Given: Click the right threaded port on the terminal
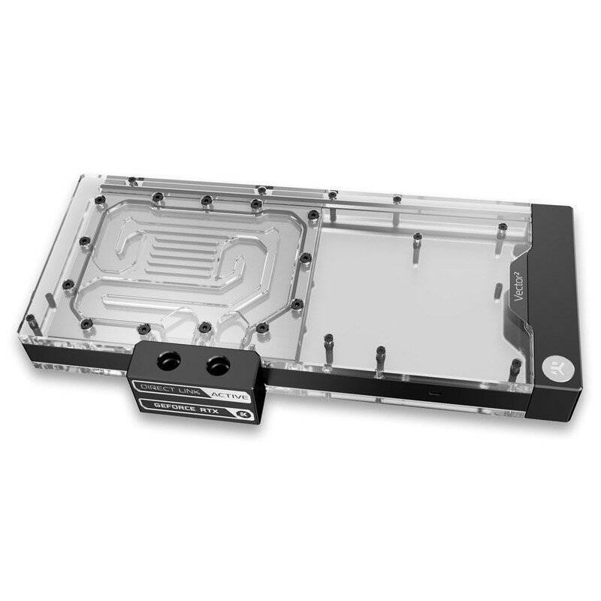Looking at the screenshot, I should click(x=219, y=365).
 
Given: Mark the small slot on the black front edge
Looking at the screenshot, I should click(x=431, y=393).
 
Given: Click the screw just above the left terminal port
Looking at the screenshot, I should click(x=143, y=328).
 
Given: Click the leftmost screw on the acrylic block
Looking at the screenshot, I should click(x=65, y=283).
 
